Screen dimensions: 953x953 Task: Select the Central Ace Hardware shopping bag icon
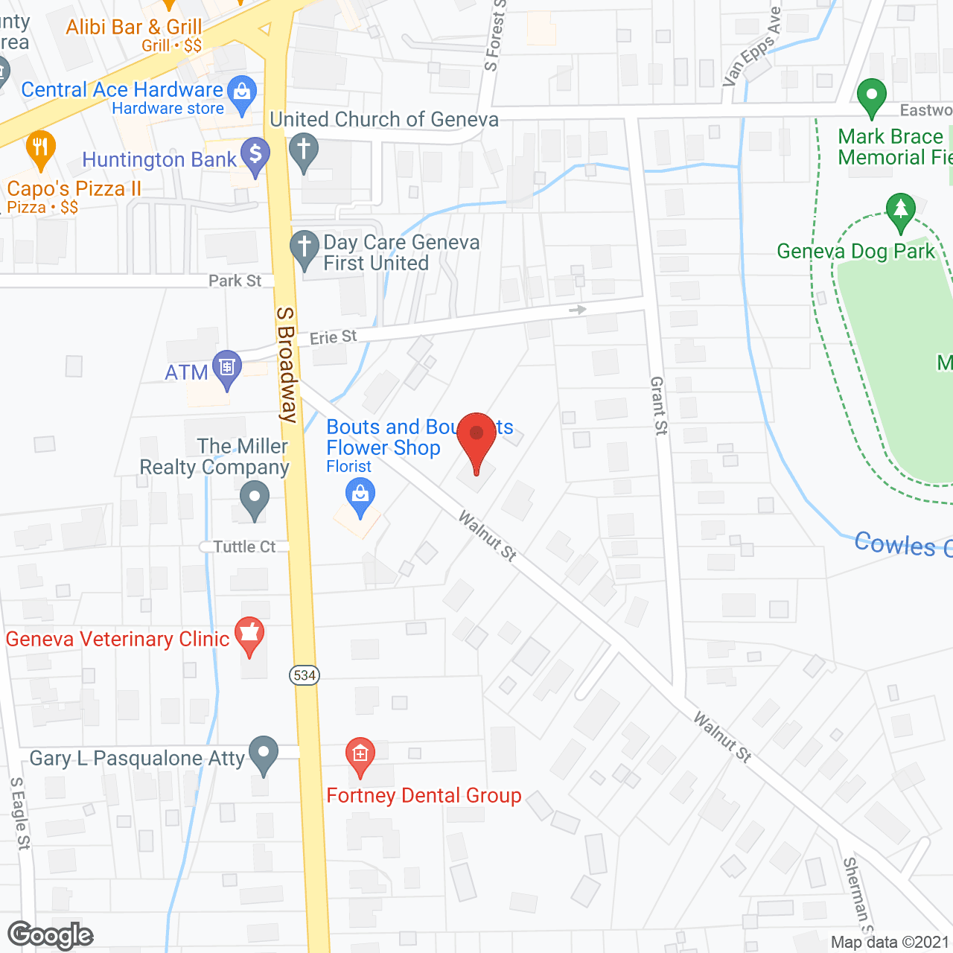(x=241, y=93)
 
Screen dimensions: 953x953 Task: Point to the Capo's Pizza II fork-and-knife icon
(x=40, y=147)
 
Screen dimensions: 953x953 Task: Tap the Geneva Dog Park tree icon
(x=900, y=210)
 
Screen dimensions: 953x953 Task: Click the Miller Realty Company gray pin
(x=255, y=498)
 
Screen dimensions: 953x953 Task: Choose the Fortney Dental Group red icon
(x=360, y=755)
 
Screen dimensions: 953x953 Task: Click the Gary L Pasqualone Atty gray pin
(x=263, y=753)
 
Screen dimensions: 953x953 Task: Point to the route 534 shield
(x=305, y=675)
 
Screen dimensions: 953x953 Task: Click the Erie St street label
(x=333, y=337)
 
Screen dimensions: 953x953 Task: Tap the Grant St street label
(x=659, y=405)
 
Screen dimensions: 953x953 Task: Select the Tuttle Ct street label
(x=244, y=546)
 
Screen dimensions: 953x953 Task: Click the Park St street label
(x=235, y=281)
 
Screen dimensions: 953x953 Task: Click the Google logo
(x=50, y=935)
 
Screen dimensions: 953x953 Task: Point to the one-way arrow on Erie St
(x=578, y=309)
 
